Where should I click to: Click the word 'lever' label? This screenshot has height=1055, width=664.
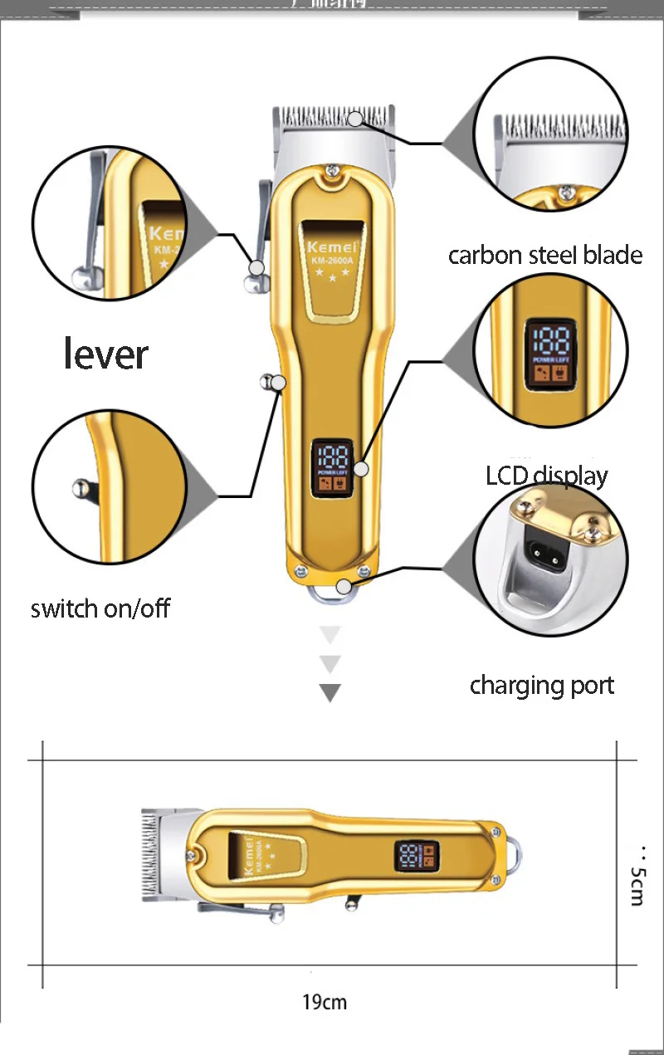click(x=105, y=354)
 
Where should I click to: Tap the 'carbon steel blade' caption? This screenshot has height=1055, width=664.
click(x=545, y=255)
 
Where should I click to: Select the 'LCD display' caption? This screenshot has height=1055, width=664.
click(x=546, y=476)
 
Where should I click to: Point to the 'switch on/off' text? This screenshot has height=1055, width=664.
click(x=100, y=608)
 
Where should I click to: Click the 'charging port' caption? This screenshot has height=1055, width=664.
click(x=542, y=686)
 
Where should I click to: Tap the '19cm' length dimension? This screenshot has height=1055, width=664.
click(x=325, y=1002)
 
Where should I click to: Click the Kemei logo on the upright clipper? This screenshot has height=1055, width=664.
click(x=331, y=247)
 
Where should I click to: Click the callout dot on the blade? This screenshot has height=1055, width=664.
click(x=355, y=119)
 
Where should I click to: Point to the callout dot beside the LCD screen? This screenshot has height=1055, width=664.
click(x=361, y=469)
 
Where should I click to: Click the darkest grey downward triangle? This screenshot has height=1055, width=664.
click(x=330, y=692)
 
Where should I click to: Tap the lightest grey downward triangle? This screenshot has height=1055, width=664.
click(x=330, y=636)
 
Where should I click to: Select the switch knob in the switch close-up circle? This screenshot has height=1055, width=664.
click(x=79, y=488)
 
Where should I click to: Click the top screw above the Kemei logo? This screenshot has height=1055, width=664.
click(x=332, y=172)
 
